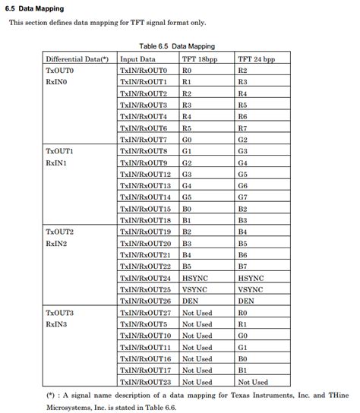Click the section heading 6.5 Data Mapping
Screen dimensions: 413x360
pyautogui.click(x=36, y=8)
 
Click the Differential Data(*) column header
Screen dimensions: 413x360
pyautogui.click(x=77, y=58)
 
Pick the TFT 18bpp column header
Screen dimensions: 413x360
pyautogui.click(x=201, y=58)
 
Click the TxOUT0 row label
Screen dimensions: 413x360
pyautogui.click(x=59, y=70)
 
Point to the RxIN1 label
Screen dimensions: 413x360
pyautogui.click(x=56, y=163)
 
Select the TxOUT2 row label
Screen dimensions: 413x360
pyautogui.click(x=59, y=232)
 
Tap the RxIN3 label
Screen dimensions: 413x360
pyautogui.click(x=56, y=324)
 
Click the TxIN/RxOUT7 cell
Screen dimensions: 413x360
pyautogui.click(x=143, y=140)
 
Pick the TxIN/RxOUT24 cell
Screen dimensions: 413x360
pyautogui.click(x=145, y=278)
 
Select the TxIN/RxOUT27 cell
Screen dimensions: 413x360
pyautogui.click(x=145, y=313)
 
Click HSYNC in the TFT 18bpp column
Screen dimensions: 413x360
pyautogui.click(x=195, y=278)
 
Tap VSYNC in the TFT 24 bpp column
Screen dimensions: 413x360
pyautogui.click(x=251, y=289)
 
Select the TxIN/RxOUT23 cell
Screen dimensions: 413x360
pyautogui.click(x=145, y=382)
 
